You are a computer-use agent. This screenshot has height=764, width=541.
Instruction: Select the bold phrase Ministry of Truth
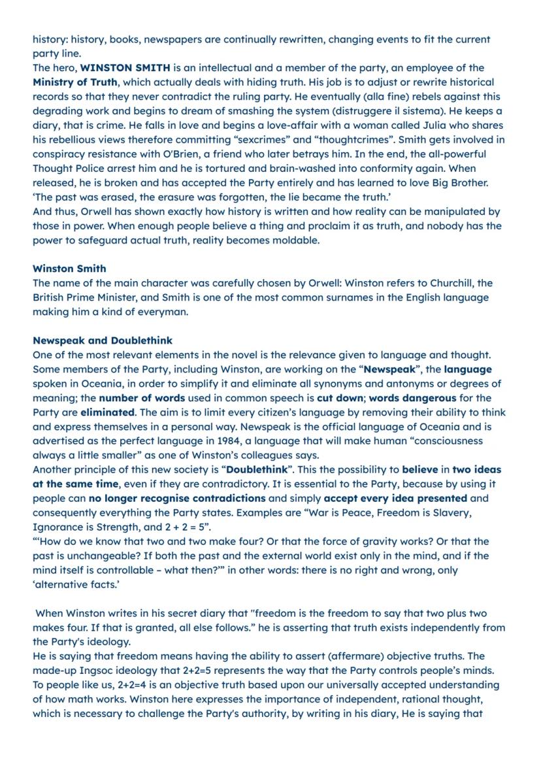[x=75, y=82]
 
